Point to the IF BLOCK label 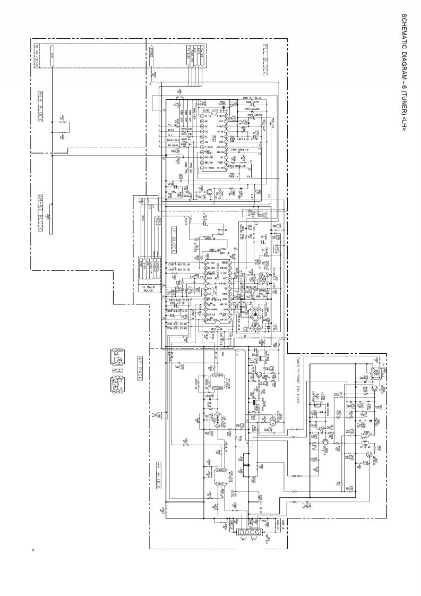174,242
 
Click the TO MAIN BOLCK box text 148,288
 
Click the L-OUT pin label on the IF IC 211,263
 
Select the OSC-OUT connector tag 296,475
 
